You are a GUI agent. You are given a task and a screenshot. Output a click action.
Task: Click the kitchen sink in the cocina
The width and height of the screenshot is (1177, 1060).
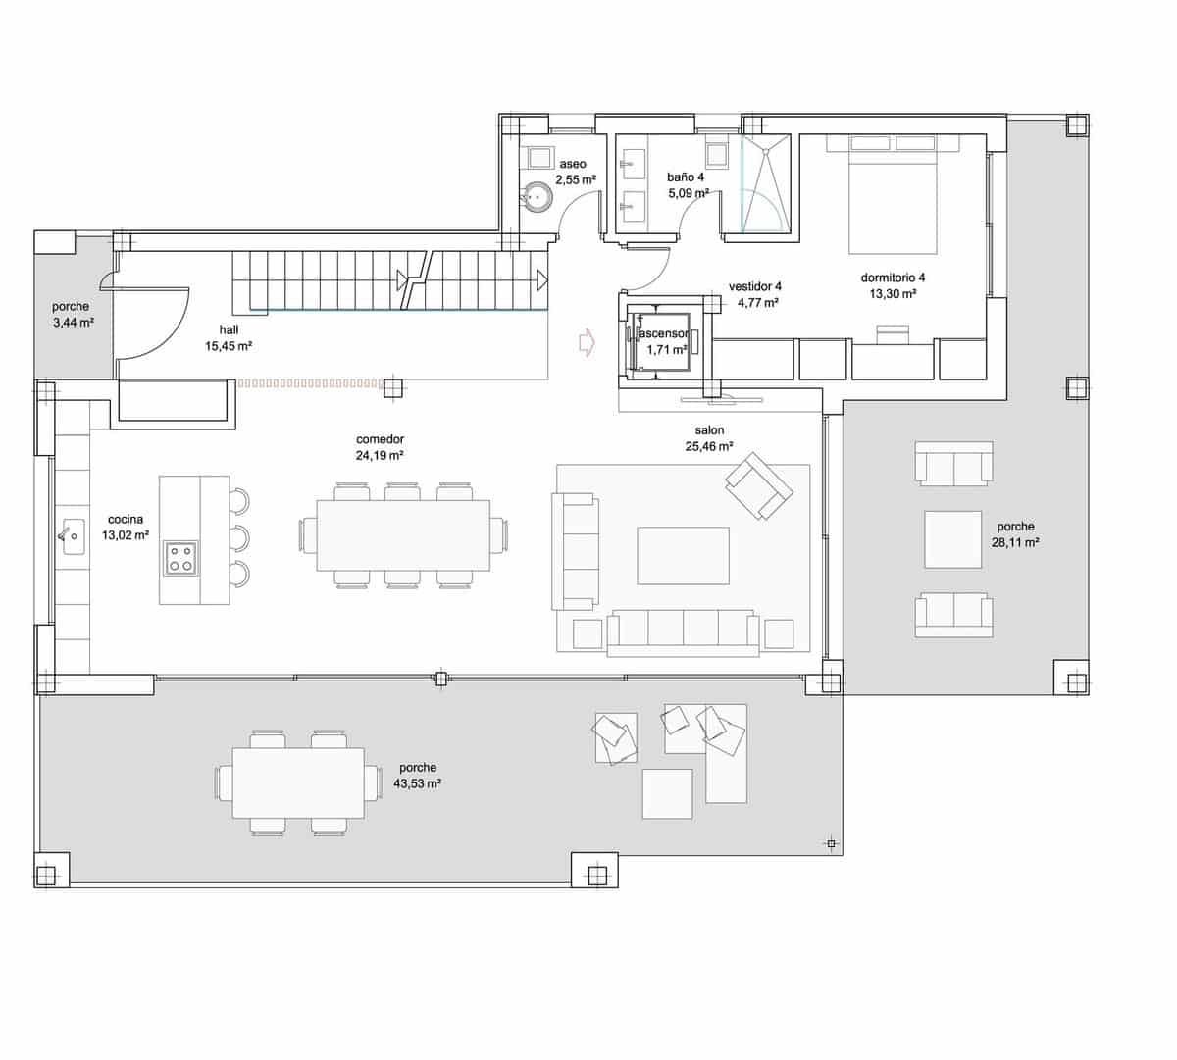click(x=73, y=536)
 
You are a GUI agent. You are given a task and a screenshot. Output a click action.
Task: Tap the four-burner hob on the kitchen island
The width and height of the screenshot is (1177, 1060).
click(x=180, y=559)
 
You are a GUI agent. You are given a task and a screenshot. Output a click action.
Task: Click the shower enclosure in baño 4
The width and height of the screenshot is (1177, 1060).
click(x=766, y=183)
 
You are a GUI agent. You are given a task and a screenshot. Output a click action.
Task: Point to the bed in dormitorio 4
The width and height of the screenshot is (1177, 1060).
click(x=893, y=194)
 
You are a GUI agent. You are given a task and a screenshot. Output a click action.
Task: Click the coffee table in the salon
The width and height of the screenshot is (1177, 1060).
click(x=683, y=556)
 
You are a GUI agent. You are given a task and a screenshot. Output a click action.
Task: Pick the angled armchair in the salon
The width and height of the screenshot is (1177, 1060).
click(x=759, y=485)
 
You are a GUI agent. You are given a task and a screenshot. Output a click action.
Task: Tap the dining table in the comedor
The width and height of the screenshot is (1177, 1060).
click(x=403, y=535)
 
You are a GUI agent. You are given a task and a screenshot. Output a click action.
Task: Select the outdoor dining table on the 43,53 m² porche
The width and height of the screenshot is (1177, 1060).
click(x=298, y=782)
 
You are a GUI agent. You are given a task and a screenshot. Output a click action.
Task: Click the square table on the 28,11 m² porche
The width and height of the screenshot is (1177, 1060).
click(x=952, y=539)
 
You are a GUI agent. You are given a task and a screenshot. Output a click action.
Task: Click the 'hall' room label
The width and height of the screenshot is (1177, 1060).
click(x=229, y=329)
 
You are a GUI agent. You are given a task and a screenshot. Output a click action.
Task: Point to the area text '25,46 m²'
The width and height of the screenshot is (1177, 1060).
click(x=709, y=446)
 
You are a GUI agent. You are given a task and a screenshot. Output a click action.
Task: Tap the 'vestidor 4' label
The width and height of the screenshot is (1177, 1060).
click(x=755, y=287)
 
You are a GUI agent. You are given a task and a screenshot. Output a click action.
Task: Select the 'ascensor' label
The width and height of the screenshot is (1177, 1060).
click(x=664, y=333)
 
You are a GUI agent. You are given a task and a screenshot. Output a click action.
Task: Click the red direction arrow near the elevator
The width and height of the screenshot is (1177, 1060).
click(x=587, y=343)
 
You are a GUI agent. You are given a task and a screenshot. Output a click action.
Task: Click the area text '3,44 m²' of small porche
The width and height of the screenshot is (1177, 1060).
click(x=74, y=322)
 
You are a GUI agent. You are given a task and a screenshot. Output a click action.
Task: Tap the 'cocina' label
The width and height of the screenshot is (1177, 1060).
click(x=126, y=519)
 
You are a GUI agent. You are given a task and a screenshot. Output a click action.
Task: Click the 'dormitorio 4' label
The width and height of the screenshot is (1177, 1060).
click(x=893, y=278)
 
